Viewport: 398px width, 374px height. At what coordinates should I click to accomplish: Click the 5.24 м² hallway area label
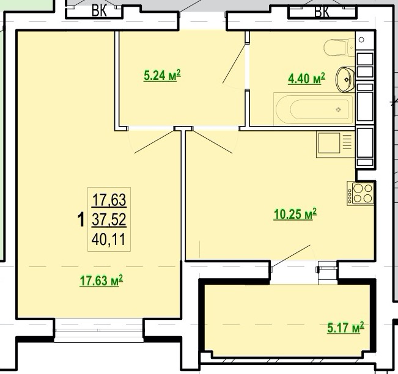pyautogui.click(x=162, y=75)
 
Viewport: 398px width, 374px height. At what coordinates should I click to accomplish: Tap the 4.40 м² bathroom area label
pyautogui.click(x=306, y=78)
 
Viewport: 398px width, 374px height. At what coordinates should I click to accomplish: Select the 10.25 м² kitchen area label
pyautogui.click(x=295, y=214)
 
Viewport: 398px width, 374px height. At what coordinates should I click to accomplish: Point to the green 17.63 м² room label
pyautogui.click(x=101, y=280)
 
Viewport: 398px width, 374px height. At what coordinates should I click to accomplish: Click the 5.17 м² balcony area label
pyautogui.click(x=345, y=328)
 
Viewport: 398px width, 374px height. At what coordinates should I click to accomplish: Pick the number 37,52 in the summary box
pyautogui.click(x=109, y=219)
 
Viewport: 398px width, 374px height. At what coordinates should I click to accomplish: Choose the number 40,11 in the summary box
pyautogui.click(x=109, y=240)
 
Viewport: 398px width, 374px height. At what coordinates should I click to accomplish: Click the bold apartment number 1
pyautogui.click(x=81, y=220)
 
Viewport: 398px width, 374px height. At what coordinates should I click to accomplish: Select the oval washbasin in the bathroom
pyautogui.click(x=345, y=79)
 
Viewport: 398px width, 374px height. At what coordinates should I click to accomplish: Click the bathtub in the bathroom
pyautogui.click(x=314, y=109)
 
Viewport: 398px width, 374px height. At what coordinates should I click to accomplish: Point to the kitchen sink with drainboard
pyautogui.click(x=335, y=144)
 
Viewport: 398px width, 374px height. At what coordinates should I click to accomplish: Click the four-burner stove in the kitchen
pyautogui.click(x=361, y=193)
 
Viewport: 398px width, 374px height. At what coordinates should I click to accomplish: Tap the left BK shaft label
pyautogui.click(x=99, y=11)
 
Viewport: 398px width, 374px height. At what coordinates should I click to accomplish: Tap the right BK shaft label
pyautogui.click(x=322, y=11)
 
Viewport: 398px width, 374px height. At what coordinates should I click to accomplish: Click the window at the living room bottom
pyautogui.click(x=99, y=331)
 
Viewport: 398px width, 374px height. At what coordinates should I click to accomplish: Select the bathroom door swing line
pyautogui.click(x=234, y=63)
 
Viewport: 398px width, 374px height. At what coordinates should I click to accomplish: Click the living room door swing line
pyautogui.click(x=154, y=142)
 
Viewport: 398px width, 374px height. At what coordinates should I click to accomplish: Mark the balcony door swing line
pyautogui.click(x=291, y=256)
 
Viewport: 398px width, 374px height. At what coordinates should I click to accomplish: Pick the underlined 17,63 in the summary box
pyautogui.click(x=109, y=200)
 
